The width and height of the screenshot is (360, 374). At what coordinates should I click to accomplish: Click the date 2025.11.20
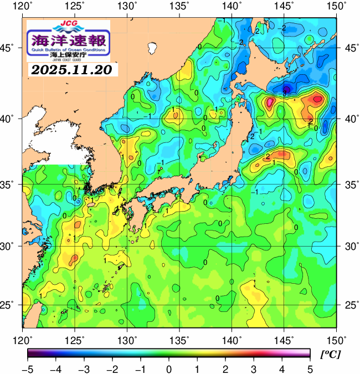pos(71,70)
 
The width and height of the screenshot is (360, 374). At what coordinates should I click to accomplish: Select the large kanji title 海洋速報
pos(69,40)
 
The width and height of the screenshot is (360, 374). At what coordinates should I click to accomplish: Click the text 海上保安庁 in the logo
pos(69,55)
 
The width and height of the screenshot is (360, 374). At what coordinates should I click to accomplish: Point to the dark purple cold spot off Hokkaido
pos(286,89)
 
